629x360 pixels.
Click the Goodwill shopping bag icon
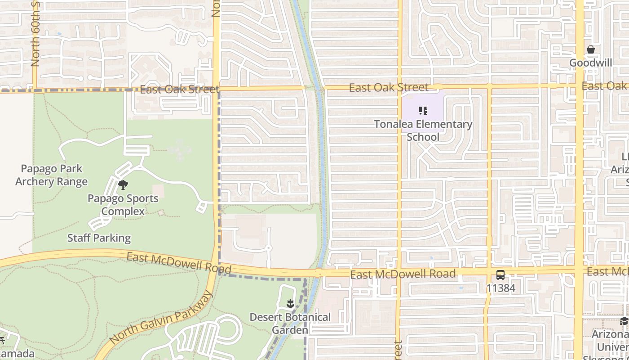(x=591, y=50)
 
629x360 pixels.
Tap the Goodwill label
(x=590, y=63)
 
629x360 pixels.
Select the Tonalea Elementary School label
(x=423, y=130)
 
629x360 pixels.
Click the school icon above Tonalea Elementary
(x=423, y=110)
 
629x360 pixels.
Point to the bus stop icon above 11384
(x=500, y=275)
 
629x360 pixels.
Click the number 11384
(x=501, y=288)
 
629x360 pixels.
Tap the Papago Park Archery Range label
(x=51, y=175)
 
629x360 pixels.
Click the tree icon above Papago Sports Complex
(x=123, y=184)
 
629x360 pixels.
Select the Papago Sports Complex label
(x=123, y=205)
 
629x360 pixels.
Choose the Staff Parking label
(x=99, y=238)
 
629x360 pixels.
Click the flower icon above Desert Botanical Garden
(x=290, y=304)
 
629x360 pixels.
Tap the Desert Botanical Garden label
(x=290, y=324)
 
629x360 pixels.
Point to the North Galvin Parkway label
(x=160, y=318)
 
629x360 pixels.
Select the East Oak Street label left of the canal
(x=179, y=89)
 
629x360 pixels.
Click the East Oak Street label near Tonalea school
(x=389, y=87)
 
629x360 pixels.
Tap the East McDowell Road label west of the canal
(x=178, y=264)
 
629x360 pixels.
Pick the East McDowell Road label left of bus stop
(x=403, y=274)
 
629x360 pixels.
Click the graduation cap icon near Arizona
(x=624, y=321)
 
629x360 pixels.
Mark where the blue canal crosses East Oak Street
(x=320, y=88)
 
